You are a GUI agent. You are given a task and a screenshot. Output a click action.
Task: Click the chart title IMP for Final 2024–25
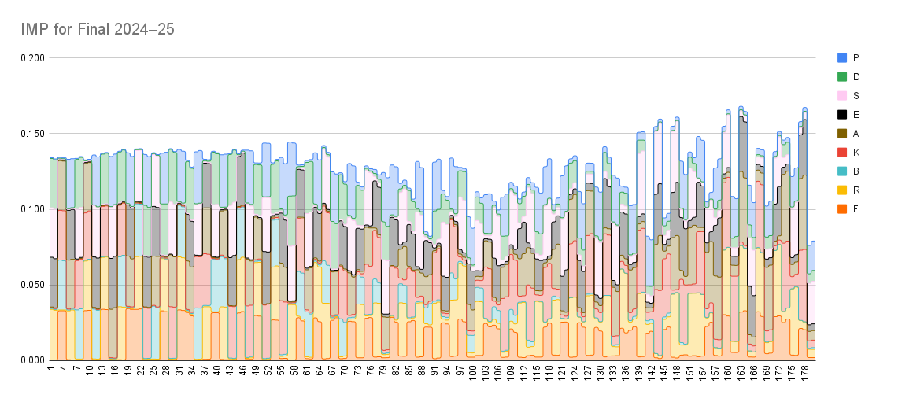98,29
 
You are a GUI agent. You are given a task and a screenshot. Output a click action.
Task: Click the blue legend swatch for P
842,57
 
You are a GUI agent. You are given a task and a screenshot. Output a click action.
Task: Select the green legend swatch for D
842,76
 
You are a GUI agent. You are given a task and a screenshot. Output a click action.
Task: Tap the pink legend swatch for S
842,95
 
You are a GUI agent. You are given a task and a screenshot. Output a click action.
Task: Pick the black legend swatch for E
842,114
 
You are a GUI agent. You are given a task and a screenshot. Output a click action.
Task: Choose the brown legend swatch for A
842,133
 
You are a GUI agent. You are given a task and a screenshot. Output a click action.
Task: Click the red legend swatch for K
842,152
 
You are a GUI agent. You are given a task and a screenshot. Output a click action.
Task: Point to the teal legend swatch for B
842,171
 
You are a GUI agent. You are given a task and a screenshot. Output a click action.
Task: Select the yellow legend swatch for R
842,190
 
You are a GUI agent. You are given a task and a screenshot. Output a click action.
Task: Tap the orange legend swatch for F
842,208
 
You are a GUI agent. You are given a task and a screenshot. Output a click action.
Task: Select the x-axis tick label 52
268,371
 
